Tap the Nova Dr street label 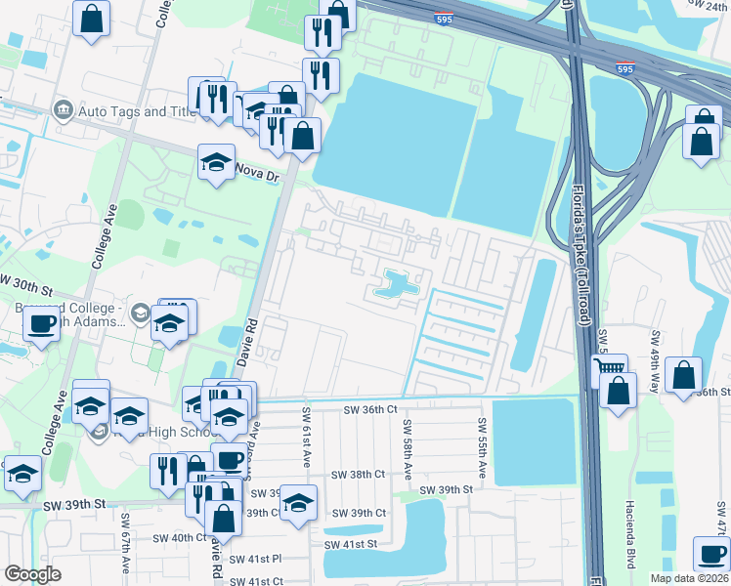(x=258, y=169)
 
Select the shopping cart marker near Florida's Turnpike (x=610, y=370)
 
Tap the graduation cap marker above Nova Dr (x=217, y=162)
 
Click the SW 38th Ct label (x=359, y=474)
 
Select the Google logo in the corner (x=32, y=574)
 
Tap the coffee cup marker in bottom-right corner (x=710, y=554)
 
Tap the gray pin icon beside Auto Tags (x=64, y=108)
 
